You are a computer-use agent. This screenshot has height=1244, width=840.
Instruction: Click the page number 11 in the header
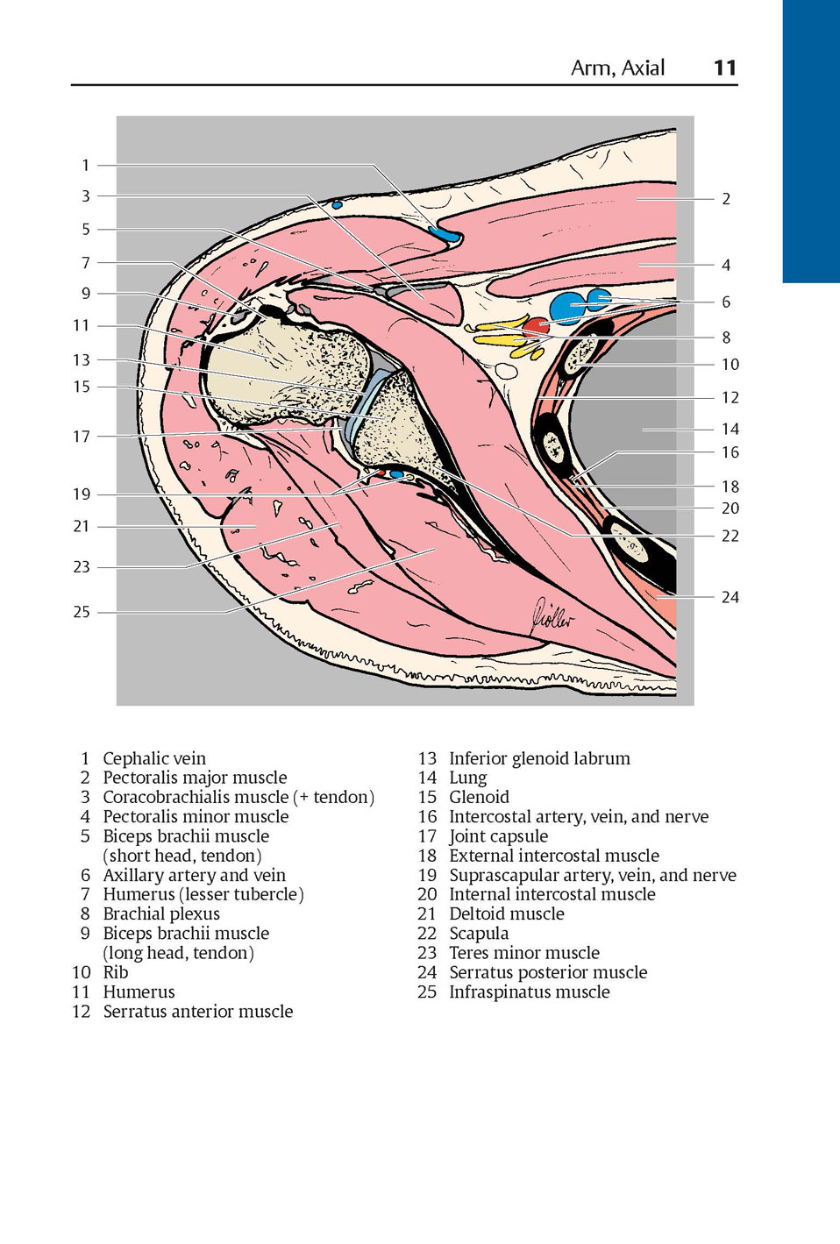tap(725, 68)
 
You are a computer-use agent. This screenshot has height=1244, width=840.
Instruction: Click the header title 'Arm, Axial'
tap(618, 68)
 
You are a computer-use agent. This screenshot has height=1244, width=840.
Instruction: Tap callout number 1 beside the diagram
tap(86, 165)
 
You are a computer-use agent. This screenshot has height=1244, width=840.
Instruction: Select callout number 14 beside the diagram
tap(730, 429)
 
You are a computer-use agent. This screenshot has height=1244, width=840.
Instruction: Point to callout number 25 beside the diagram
tap(82, 612)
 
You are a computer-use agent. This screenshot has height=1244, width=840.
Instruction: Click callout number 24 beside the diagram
tap(730, 597)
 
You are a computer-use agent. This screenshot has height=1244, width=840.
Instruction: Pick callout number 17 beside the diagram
tap(82, 437)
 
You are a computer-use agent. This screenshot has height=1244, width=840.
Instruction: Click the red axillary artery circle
tap(536, 326)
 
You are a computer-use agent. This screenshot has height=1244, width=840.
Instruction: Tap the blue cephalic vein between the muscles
tap(445, 234)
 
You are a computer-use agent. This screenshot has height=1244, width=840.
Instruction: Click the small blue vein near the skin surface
tap(337, 205)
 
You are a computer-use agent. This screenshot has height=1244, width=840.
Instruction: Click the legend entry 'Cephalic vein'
tap(154, 758)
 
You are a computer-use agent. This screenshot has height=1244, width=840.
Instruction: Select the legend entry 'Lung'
tap(467, 778)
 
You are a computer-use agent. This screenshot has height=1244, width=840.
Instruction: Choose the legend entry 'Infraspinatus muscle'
tap(530, 992)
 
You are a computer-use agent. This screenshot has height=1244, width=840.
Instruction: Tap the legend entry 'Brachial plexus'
tap(161, 913)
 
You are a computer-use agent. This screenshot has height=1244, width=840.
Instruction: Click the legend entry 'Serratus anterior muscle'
tap(198, 1012)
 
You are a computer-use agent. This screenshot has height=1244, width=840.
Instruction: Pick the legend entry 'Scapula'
tap(479, 934)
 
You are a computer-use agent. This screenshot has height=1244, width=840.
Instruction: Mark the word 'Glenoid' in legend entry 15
tap(479, 797)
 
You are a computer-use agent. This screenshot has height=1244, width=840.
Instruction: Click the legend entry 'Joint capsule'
tap(498, 836)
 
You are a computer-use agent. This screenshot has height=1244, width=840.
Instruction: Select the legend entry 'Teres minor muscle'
tap(524, 953)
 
